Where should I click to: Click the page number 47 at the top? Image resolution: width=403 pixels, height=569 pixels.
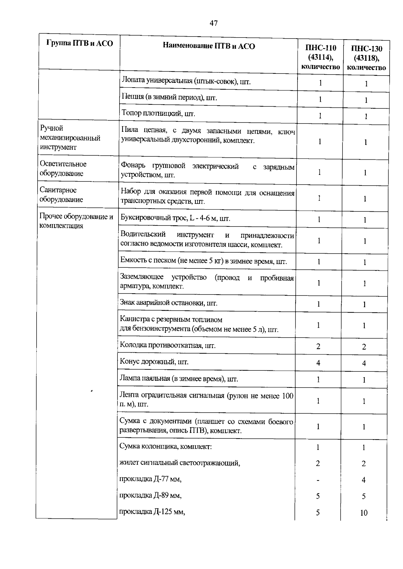pos(214,23)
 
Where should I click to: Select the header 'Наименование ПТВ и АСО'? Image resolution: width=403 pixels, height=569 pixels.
pos(209,46)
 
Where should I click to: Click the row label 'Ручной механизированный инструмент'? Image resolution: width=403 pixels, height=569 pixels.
pos(70,138)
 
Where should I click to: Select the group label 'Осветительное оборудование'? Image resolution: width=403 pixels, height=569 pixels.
pos(63,168)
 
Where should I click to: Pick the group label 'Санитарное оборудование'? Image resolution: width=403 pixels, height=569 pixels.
pos(61,195)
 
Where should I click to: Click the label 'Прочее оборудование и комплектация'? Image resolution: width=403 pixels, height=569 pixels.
pos(76,221)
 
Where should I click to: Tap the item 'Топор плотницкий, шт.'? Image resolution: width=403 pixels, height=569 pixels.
pos(158,113)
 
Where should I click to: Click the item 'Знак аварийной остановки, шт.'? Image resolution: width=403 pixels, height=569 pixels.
pos(169,303)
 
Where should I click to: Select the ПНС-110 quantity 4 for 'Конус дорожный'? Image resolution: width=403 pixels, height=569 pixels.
pos(318,363)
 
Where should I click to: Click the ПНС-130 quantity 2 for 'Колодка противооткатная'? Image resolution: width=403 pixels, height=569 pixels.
pos(364,347)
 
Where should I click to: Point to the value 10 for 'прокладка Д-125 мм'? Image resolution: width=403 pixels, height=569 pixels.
pos(364,513)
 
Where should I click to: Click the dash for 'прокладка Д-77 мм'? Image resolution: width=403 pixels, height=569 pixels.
pos(318,480)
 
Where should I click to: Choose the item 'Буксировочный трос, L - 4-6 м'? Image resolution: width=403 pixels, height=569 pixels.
pos(175,219)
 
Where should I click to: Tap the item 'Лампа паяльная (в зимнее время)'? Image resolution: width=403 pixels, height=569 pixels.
pos(179,379)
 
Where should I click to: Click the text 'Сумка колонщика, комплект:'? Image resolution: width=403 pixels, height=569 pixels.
pos(166,447)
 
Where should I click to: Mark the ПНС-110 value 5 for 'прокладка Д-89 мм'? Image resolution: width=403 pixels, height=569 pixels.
pos(318,496)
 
